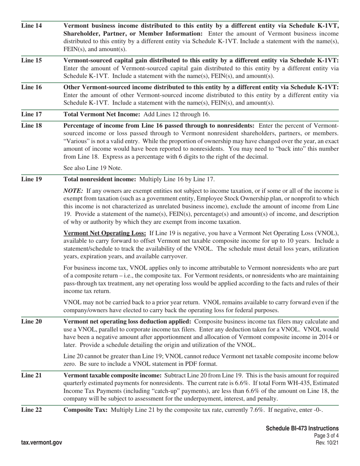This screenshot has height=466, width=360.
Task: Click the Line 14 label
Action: [x=31, y=26]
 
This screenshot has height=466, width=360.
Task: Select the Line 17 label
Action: [x=31, y=114]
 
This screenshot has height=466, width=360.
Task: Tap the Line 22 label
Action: [x=31, y=410]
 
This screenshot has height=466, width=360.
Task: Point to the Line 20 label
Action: [x=31, y=322]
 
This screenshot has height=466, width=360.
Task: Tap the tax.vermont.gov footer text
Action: [x=42, y=443]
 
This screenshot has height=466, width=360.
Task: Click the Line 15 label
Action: [x=31, y=60]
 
